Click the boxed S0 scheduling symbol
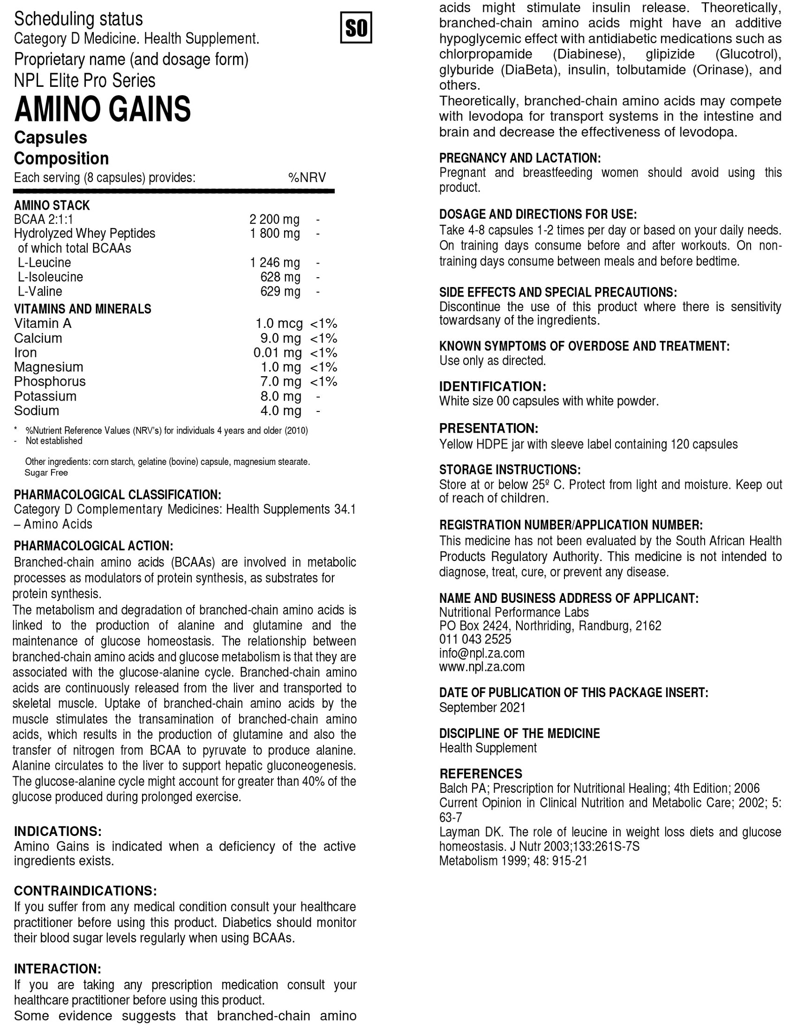pyautogui.click(x=355, y=28)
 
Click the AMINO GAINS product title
pyautogui.click(x=103, y=109)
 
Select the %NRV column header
pyautogui.click(x=307, y=178)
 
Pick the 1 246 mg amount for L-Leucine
pyautogui.click(x=275, y=262)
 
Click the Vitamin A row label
pyautogui.click(x=43, y=323)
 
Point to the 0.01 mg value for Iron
pyautogui.click(x=277, y=352)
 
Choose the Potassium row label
pyautogui.click(x=45, y=396)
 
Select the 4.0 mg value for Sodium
pyautogui.click(x=280, y=410)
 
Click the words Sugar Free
pyautogui.click(x=46, y=472)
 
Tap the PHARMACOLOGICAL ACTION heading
pyautogui.click(x=93, y=546)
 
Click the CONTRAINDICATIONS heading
pyautogui.click(x=85, y=891)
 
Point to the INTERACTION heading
pyautogui.click(x=57, y=969)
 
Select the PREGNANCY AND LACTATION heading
pyautogui.click(x=520, y=158)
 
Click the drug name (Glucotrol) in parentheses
pyautogui.click(x=748, y=54)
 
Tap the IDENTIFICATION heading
pyautogui.click(x=493, y=387)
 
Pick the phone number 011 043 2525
pyautogui.click(x=475, y=639)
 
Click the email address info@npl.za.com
pyautogui.click(x=482, y=653)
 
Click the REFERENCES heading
pyautogui.click(x=481, y=774)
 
